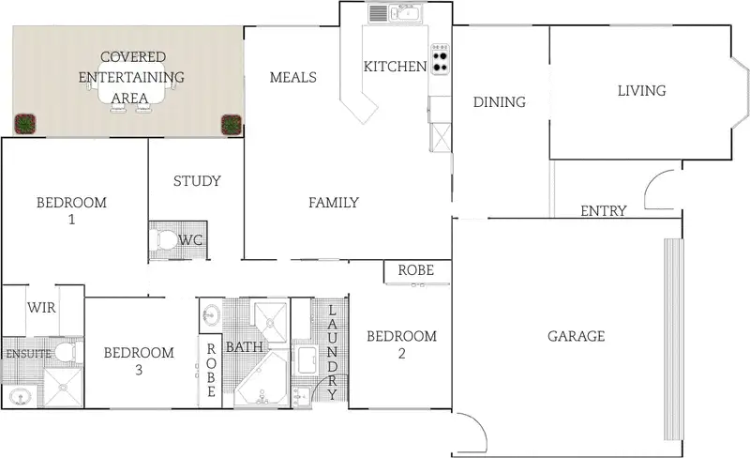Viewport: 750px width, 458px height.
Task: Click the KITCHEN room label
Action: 395,67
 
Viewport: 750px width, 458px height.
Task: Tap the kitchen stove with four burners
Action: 441,58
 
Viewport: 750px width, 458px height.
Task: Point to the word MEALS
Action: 292,78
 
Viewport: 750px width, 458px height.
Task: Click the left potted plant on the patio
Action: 25,123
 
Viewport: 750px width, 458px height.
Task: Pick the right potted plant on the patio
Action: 230,124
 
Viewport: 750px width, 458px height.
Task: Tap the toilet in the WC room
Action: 164,240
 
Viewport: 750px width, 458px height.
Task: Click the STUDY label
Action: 197,181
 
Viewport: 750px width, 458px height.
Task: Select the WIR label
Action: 41,308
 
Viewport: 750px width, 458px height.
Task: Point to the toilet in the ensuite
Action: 64,353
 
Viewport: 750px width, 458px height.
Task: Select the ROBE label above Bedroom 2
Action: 415,270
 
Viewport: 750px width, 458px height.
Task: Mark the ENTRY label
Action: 603,211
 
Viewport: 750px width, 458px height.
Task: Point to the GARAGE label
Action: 576,337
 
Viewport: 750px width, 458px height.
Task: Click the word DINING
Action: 499,102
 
